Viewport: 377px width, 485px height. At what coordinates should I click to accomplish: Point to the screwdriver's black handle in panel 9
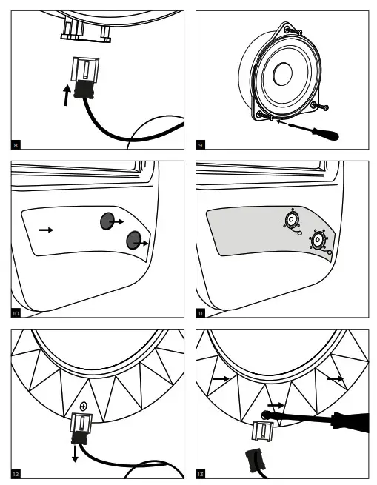tap(326, 135)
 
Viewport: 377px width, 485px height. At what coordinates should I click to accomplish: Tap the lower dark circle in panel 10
tap(134, 241)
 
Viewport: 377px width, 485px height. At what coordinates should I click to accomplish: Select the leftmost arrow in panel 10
tap(46, 230)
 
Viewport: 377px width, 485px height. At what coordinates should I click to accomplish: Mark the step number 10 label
tap(16, 313)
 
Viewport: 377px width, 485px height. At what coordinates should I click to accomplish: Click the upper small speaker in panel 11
tap(292, 220)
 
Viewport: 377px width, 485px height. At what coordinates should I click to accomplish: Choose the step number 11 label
tap(201, 313)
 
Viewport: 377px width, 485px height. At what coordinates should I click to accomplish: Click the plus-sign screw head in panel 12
tap(84, 406)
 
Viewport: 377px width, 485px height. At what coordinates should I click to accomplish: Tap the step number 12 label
tap(16, 472)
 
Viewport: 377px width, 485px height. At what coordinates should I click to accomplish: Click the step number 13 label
tap(201, 472)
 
